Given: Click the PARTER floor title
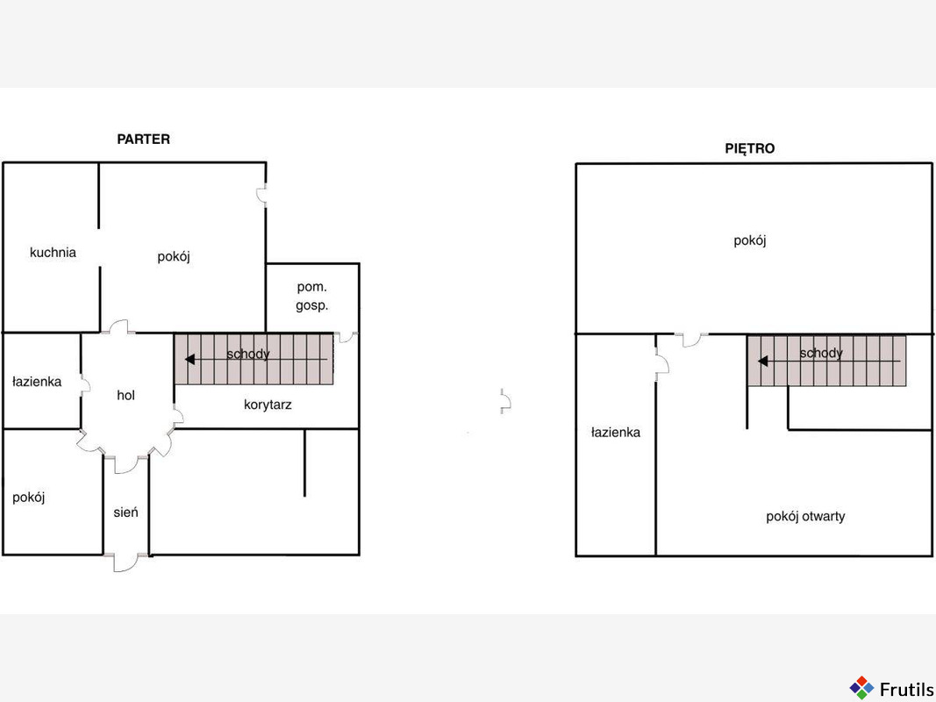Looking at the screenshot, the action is point(143,140).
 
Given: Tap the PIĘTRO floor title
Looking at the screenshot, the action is point(750,148).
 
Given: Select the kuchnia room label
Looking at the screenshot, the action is point(54,253).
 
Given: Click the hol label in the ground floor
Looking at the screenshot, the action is point(126,395).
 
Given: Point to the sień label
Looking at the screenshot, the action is point(126,512).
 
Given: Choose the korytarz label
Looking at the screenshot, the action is point(268,405).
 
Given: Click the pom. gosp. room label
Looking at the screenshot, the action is point(312,297).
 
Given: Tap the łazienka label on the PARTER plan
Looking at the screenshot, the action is point(37,382).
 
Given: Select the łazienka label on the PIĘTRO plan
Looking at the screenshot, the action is point(616,433).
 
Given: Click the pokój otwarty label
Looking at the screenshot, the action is point(805,516).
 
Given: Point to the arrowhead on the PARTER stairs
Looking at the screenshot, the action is point(189,360).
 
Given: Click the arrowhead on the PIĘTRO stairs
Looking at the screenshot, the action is point(763,362).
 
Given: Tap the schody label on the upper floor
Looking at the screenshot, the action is point(821,353).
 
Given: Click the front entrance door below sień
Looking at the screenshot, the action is point(126,562).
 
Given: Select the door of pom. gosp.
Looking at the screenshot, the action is point(346,337).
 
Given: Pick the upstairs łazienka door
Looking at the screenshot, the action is point(662,363).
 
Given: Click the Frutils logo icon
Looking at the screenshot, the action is point(861,688).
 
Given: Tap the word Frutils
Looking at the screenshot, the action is point(907,689).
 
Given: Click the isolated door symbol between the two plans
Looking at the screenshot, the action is point(505,401).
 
